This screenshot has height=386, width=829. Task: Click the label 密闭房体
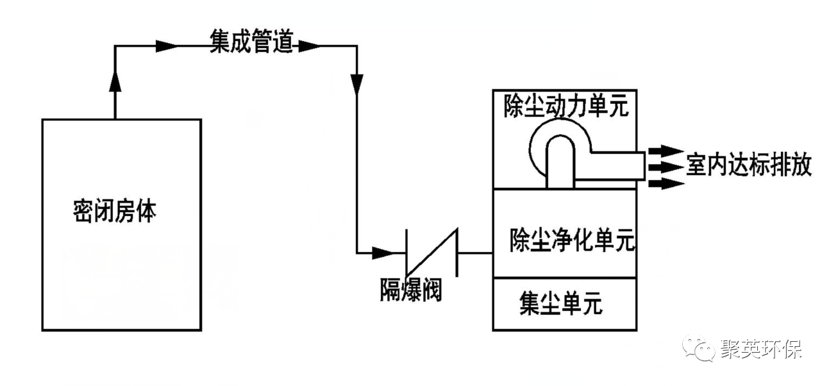tap(115, 211)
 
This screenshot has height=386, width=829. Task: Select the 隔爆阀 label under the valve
tap(410, 291)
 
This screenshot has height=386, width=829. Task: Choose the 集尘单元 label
tap(561, 305)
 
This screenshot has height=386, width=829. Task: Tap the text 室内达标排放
tap(748, 165)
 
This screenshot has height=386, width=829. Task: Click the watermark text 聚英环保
tap(760, 349)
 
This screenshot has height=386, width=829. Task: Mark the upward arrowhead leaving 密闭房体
tap(115, 81)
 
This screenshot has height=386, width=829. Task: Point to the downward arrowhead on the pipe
tap(357, 83)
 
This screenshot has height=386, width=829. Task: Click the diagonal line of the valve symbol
tap(432, 252)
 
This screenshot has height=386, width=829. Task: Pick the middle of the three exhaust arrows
tap(664, 167)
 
